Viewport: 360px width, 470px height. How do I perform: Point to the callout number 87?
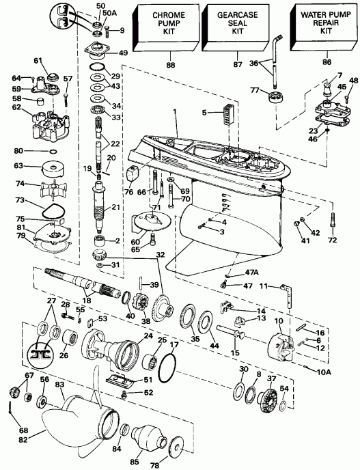point(236,65)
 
